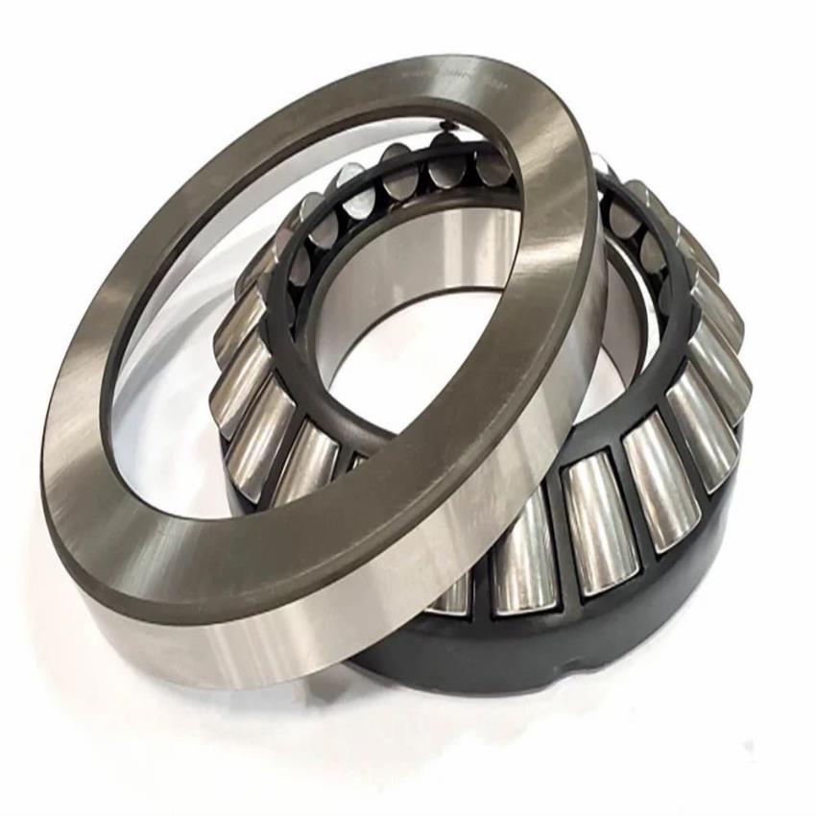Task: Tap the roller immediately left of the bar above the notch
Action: (x=523, y=557)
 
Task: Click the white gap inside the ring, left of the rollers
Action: (x=192, y=384)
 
